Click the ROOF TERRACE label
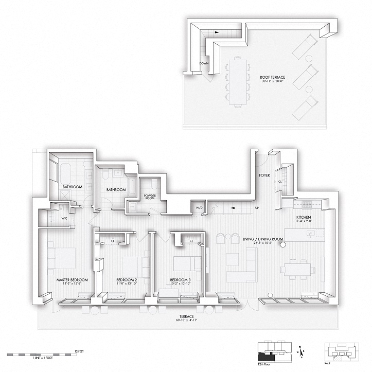(273, 78)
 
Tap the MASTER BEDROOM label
(72, 280)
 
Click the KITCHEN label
(304, 218)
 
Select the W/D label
(199, 208)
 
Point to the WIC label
(64, 218)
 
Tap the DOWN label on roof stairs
(204, 64)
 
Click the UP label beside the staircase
(256, 208)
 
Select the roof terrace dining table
(239, 81)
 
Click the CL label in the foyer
(280, 181)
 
